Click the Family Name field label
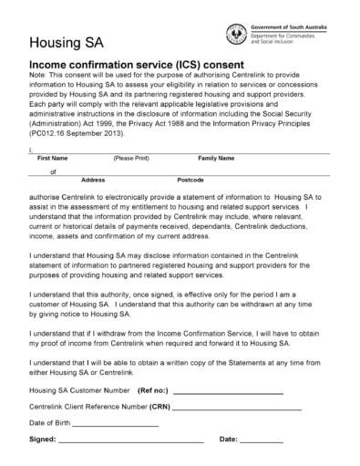point(216,159)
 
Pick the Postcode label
point(190,181)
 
